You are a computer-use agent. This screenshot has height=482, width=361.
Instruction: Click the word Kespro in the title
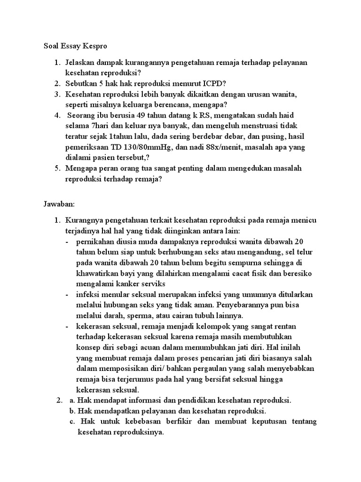pyautogui.click(x=97, y=47)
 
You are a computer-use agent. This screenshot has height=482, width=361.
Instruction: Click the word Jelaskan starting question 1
pyautogui.click(x=81, y=63)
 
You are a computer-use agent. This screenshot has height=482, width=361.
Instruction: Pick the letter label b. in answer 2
pyautogui.click(x=72, y=410)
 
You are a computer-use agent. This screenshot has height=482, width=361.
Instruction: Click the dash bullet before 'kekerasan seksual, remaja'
pyautogui.click(x=68, y=326)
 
